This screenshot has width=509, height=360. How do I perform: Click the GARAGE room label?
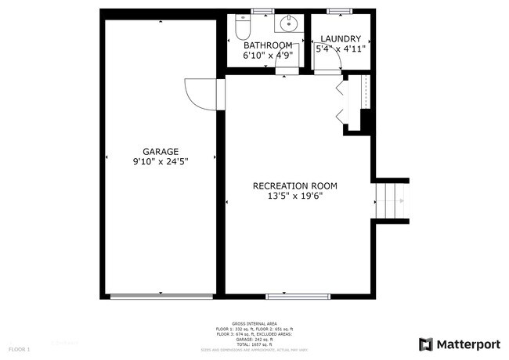[161, 152]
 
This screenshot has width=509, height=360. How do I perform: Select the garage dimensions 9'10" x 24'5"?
[161, 161]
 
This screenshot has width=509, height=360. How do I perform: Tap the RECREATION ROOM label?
[294, 186]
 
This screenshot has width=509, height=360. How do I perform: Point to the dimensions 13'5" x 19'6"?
[294, 196]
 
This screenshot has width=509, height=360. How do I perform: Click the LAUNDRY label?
[340, 39]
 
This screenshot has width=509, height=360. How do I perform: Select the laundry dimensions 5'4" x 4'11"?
[340, 49]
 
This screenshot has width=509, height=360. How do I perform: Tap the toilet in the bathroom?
[242, 28]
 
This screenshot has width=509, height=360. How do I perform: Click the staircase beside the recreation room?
[391, 202]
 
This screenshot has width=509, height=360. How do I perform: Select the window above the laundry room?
[339, 10]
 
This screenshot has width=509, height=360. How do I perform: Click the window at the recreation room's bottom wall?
[298, 296]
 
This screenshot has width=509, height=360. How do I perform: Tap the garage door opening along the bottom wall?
[161, 296]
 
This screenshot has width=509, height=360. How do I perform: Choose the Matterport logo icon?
[426, 344]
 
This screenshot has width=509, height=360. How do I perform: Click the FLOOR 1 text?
[20, 348]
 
